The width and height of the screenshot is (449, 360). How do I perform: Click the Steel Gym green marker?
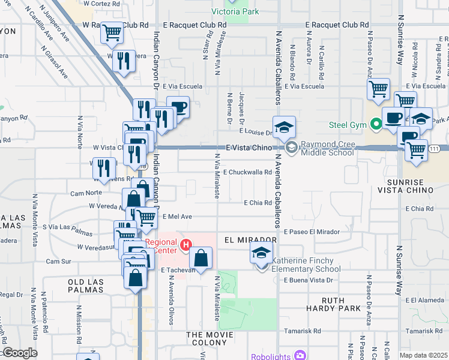pos(376,125)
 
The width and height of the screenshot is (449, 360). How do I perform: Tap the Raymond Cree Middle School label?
pos(327,148)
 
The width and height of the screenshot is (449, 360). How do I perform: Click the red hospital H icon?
pos(186,245)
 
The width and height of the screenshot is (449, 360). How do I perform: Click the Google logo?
pos(19,353)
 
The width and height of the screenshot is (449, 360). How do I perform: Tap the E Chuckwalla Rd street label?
pos(248,172)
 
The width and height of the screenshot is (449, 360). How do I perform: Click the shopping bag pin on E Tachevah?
pos(201,259)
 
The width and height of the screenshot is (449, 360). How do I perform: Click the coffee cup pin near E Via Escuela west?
pos(178,107)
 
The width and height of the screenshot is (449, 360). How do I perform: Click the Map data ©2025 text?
pos(423,355)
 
